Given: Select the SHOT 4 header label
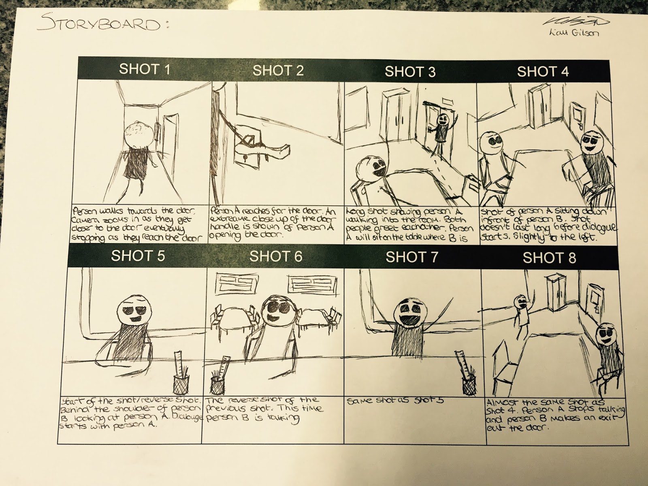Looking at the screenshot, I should point(543,72).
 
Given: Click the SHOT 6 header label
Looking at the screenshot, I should point(275,256).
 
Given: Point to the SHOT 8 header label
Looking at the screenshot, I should point(549,258).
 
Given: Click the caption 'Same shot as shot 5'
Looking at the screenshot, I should point(396,401).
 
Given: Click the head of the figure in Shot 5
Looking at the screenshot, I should point(137,311).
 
